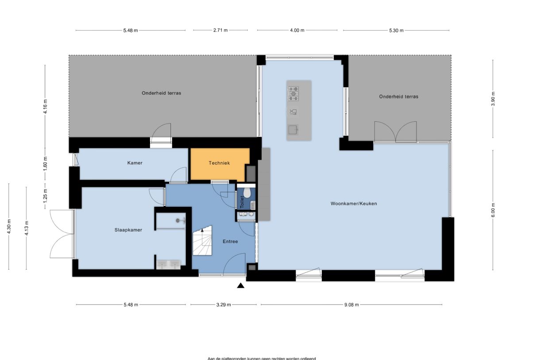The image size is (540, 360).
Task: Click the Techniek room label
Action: point(219,163)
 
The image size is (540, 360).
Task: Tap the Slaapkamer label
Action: point(128,230)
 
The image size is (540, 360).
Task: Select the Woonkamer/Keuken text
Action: point(353,204)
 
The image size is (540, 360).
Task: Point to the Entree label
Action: point(230,241)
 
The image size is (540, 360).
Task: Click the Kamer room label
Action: point(135,163)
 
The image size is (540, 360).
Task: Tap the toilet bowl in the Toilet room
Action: point(247,193)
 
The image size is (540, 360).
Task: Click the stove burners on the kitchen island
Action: point(293,93)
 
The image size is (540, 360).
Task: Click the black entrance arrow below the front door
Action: point(241,286)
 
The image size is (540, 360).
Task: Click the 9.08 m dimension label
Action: point(351,305)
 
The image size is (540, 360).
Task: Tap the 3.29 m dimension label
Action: point(224,305)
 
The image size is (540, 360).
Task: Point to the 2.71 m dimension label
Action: point(220,31)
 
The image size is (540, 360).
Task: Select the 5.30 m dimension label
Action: point(396,31)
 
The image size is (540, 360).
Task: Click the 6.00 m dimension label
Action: point(493,209)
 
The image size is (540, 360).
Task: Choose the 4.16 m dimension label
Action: point(45,106)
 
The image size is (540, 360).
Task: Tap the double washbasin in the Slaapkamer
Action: point(168,264)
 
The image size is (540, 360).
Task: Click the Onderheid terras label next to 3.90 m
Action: point(398,97)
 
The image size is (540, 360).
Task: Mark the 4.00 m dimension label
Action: point(297,31)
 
